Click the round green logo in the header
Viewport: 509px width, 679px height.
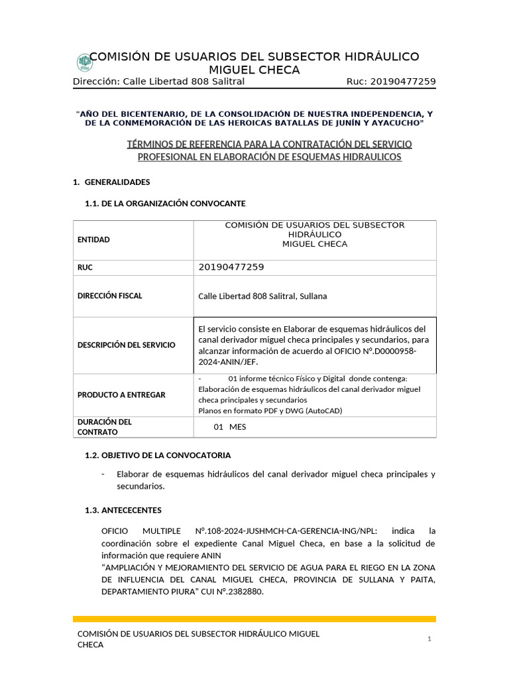(x=85, y=62)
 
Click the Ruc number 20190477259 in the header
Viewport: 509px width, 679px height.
(x=403, y=82)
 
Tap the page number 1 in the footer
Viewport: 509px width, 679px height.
(x=429, y=639)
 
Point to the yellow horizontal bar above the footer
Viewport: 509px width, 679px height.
(x=254, y=619)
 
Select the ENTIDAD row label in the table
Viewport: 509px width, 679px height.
(x=93, y=239)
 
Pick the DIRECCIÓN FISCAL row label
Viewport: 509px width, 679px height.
(x=110, y=296)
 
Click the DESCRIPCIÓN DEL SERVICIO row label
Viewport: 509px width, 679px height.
(x=127, y=345)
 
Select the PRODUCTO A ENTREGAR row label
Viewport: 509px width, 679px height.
(x=121, y=395)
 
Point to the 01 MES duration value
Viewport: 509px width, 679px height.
(x=229, y=427)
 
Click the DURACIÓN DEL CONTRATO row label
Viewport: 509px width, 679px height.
(x=105, y=426)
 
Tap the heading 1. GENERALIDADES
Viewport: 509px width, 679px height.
(x=111, y=182)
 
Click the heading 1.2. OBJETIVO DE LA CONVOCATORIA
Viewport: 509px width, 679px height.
(x=158, y=456)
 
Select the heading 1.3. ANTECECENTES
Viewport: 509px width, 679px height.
(x=123, y=510)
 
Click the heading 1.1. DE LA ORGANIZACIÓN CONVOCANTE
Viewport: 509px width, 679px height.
(x=165, y=203)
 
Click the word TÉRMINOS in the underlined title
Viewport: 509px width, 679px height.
(x=146, y=144)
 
